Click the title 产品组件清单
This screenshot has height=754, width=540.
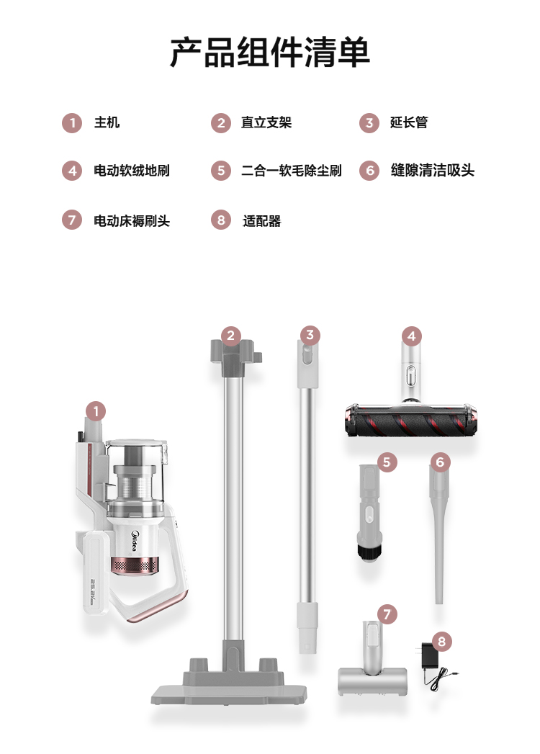[x=270, y=51]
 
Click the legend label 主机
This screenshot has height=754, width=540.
[x=107, y=122]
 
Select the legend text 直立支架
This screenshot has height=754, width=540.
[x=266, y=122]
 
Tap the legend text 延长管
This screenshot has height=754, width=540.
[x=409, y=122]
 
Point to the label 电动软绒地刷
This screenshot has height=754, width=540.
[x=132, y=170]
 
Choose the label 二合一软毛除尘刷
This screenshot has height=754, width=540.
[x=292, y=170]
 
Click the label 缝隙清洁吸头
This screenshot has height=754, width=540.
[x=432, y=170]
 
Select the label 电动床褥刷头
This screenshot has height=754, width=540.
[x=132, y=220]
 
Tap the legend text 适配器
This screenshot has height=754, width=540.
[x=261, y=220]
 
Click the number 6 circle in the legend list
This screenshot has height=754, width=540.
[x=369, y=171]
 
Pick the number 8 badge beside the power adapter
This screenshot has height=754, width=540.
[x=441, y=641]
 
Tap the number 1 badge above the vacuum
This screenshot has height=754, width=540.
[x=96, y=412]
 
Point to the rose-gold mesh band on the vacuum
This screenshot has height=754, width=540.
[x=135, y=565]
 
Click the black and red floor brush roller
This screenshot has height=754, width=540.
[x=411, y=421]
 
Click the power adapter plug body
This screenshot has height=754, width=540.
[x=428, y=657]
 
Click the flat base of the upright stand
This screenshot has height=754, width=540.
[x=230, y=688]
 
